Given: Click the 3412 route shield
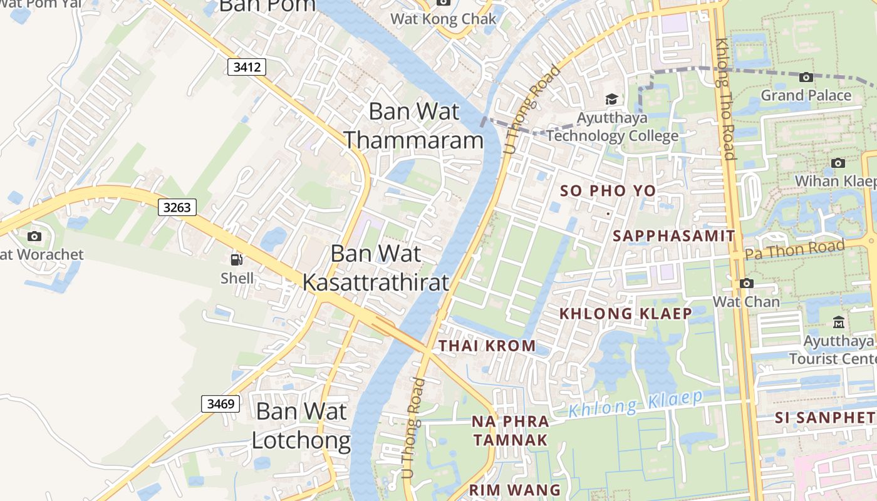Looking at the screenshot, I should point(247,67).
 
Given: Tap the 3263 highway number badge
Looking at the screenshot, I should point(177,207).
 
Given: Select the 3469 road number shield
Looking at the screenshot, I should point(221,404).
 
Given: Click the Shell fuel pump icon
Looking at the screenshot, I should point(237,260).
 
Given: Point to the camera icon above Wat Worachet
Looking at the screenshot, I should point(34,236).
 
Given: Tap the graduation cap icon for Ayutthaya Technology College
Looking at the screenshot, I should point(611,100).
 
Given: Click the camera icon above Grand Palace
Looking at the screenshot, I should point(806,77).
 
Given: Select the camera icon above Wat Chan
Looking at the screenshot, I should point(746,283).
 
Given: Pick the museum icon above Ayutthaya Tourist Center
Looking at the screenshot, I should point(838,323).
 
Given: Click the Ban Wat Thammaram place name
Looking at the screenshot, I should point(414,125).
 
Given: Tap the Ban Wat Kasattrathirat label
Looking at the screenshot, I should point(376,268).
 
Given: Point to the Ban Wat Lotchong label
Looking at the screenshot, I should point(301,426).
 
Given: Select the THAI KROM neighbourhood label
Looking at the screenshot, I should point(487,346).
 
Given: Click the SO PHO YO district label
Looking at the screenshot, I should point(608,191).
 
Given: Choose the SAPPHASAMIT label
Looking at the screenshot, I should point(673,236).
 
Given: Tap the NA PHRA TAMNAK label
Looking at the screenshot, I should point(511,431).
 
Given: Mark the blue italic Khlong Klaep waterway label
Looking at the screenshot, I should point(635,404).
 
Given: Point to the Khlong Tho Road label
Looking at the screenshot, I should point(725,99).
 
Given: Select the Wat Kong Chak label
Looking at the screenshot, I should point(444,19).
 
